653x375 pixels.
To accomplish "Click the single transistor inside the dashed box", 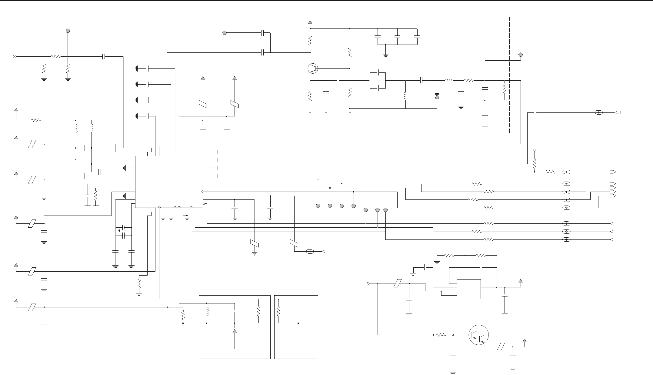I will pyautogui.click(x=313, y=69).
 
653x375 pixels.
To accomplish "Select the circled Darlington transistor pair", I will pyautogui.click(x=478, y=335).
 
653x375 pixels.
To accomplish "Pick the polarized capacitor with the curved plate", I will pyautogui.click(x=124, y=228).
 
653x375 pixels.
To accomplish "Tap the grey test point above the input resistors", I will pyautogui.click(x=68, y=31).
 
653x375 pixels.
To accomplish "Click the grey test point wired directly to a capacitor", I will pyautogui.click(x=225, y=33).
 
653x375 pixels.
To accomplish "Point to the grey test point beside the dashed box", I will pyautogui.click(x=521, y=55).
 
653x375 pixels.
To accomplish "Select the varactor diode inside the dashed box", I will pyautogui.click(x=437, y=95).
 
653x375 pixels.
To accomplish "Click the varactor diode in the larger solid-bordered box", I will pyautogui.click(x=234, y=330).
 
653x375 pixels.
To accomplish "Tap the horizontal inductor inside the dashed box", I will pyautogui.click(x=449, y=80).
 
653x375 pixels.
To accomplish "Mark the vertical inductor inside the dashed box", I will pyautogui.click(x=405, y=96).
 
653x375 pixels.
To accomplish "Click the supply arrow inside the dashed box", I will pyautogui.click(x=310, y=22).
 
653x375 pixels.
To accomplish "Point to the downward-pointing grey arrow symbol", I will pyautogui.click(x=255, y=253).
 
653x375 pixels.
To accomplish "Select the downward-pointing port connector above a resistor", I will pyautogui.click(x=535, y=149).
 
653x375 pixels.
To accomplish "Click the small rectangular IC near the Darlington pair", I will pyautogui.click(x=469, y=289).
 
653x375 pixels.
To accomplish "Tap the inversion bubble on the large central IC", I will pyautogui.click(x=204, y=204).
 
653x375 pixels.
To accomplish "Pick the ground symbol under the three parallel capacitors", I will pyautogui.click(x=385, y=55).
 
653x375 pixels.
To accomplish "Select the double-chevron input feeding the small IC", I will pyautogui.click(x=368, y=283).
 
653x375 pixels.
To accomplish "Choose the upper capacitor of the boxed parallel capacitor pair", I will pyautogui.click(x=378, y=72).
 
